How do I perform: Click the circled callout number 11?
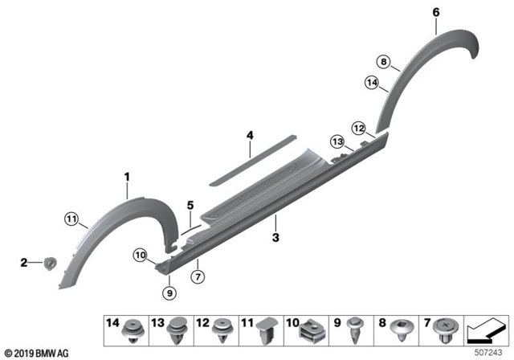(x=71, y=219)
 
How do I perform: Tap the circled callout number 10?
(x=141, y=255)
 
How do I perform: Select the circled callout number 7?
(x=198, y=277)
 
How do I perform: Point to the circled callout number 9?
(x=169, y=292)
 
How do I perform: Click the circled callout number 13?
(x=337, y=141)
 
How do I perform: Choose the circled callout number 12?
(x=359, y=128)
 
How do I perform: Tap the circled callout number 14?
(x=372, y=82)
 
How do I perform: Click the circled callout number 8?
(x=384, y=62)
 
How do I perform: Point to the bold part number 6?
(x=436, y=13)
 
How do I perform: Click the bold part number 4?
(x=250, y=135)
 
